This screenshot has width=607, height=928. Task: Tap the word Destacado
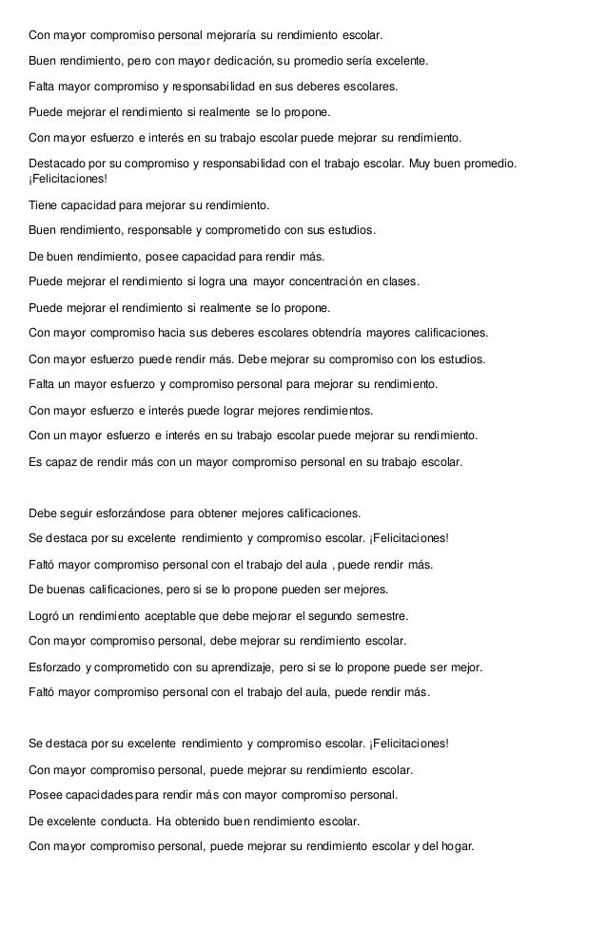[60, 164]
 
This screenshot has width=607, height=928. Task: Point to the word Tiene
[44, 205]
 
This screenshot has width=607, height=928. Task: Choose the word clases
[401, 282]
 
